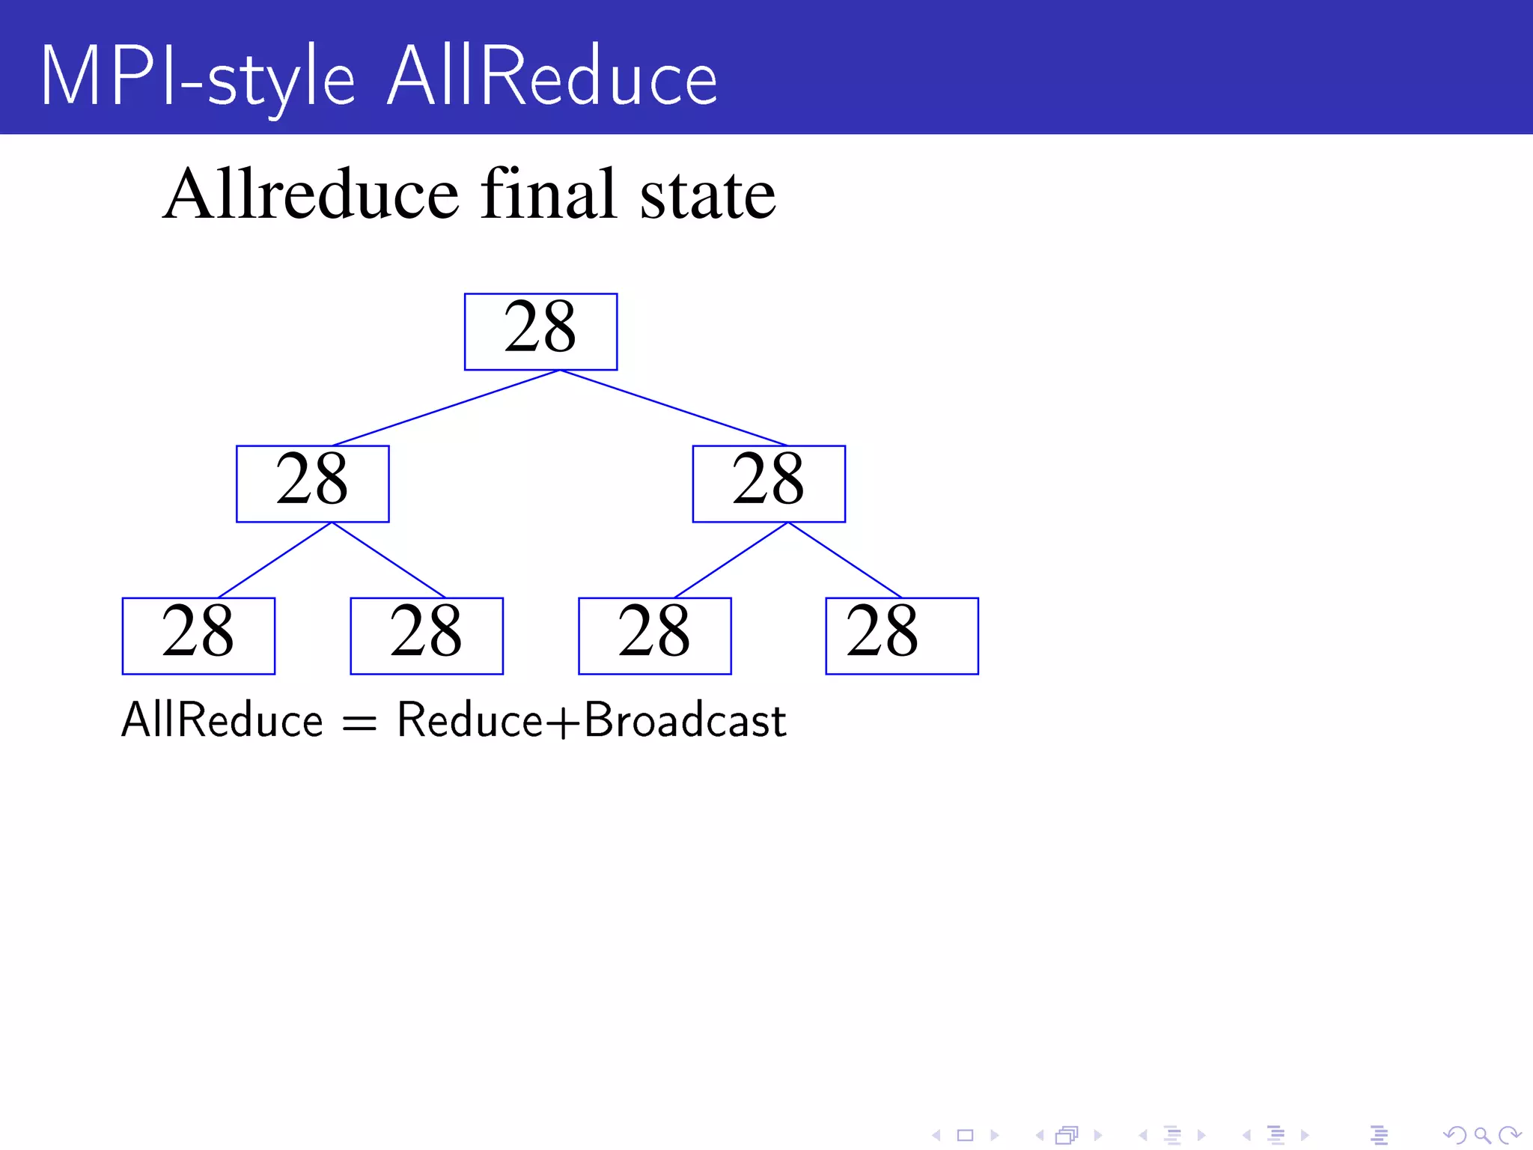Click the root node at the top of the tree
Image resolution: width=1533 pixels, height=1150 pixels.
click(x=540, y=332)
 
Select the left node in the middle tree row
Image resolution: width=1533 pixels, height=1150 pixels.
click(x=313, y=484)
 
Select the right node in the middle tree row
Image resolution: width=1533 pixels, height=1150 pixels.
click(x=769, y=484)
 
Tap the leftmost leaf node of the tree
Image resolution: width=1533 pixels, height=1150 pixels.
click(x=198, y=636)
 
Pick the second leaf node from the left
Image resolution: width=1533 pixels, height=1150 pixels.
click(x=427, y=636)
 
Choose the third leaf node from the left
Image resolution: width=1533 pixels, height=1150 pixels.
click(x=655, y=636)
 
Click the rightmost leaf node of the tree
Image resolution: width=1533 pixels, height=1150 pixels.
click(x=902, y=636)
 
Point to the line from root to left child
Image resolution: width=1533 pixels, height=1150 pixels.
click(x=446, y=408)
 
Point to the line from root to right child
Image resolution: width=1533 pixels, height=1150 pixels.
click(x=674, y=408)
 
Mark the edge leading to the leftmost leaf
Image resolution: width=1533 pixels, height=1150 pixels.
click(x=274, y=560)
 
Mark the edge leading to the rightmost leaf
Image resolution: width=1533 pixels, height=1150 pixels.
click(x=845, y=560)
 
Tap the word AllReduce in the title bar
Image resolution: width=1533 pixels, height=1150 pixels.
click(x=552, y=77)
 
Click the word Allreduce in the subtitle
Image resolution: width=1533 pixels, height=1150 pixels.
click(x=311, y=195)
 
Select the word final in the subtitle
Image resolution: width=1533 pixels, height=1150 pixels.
click(x=549, y=195)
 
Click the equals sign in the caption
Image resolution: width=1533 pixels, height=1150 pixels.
click(x=359, y=723)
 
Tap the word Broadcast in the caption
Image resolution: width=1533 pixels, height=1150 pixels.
click(x=684, y=720)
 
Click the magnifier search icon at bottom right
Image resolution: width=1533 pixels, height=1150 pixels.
click(x=1481, y=1136)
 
